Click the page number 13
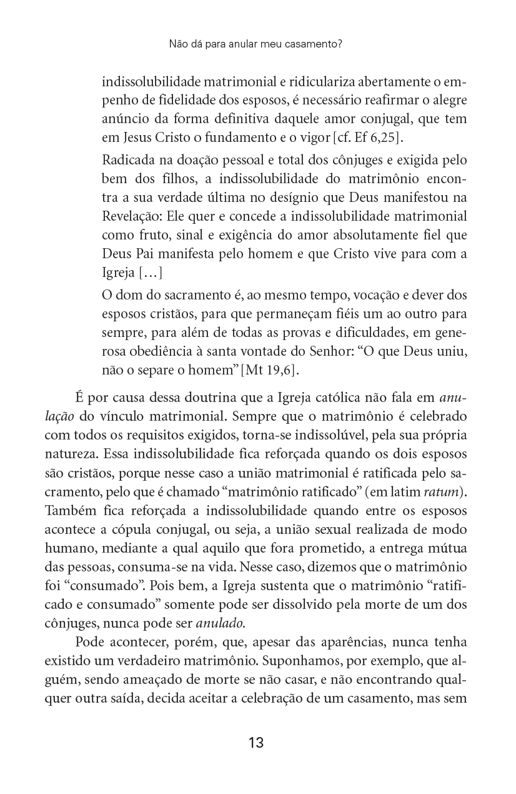tap(256, 743)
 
